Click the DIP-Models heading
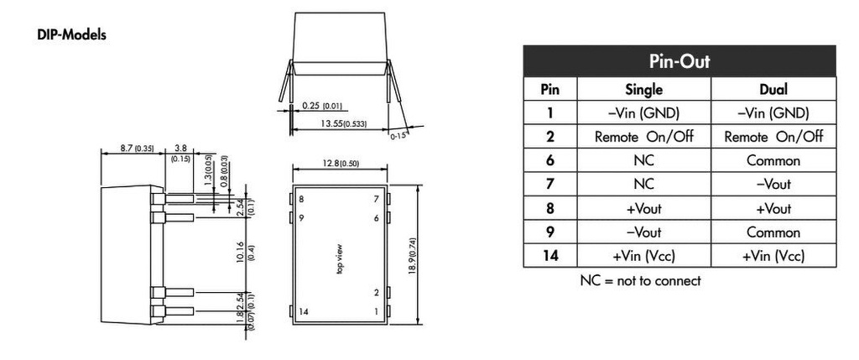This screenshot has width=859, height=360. pos(71,34)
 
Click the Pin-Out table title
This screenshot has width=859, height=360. pos(679,60)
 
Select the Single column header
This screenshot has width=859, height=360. pos(643,89)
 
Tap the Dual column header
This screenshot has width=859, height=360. pos(773,89)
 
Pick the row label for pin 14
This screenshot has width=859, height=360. pos(549,256)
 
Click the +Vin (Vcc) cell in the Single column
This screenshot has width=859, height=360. pos(643,256)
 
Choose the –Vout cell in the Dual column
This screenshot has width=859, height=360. pos(773,185)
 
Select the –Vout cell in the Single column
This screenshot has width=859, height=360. pos(643,232)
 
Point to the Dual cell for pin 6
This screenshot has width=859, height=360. pos(773,161)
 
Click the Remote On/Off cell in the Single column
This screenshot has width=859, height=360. pos(643,137)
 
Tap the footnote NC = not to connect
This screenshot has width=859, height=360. pos(640,281)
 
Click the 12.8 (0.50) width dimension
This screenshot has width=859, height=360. pos(340,164)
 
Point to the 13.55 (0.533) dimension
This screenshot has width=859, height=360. pos(343,124)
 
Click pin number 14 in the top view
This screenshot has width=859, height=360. pos(304,312)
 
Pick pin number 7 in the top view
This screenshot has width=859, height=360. pos(376,200)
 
